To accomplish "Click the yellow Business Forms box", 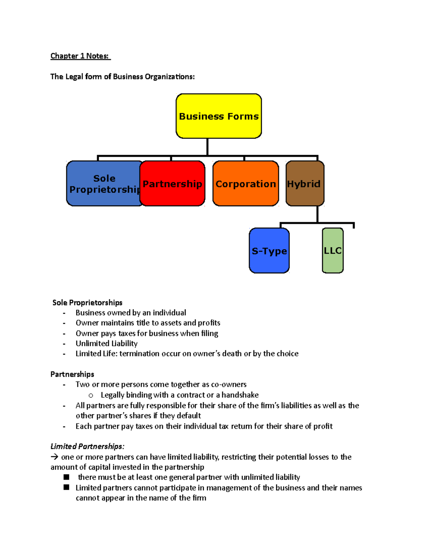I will coord(218,116).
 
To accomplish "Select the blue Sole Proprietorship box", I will coord(104,183).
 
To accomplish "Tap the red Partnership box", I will coord(172,183).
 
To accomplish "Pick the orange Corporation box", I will coord(246,183).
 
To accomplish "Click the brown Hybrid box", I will coord(305,183).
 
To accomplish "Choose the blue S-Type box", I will coord(269,251).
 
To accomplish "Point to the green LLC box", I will coord(332,251).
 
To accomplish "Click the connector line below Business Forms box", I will coord(207,147).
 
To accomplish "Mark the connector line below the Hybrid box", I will coord(317,214).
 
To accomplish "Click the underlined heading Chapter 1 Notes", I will coord(80,56).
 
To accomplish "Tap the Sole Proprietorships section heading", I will coord(87,303).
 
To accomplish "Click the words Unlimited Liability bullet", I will coord(107,343).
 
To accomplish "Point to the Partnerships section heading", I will coord(72,374).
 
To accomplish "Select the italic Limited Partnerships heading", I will coord(87,446).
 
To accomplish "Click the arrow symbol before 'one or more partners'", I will coord(54,457).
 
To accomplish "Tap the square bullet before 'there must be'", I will coord(66,477).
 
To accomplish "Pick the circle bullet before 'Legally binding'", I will coord(91,395).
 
